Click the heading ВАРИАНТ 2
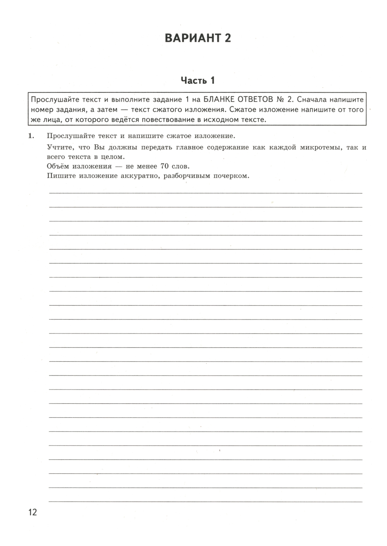(197, 38)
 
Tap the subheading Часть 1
(197, 80)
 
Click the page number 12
(32, 512)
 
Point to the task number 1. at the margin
(31, 136)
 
